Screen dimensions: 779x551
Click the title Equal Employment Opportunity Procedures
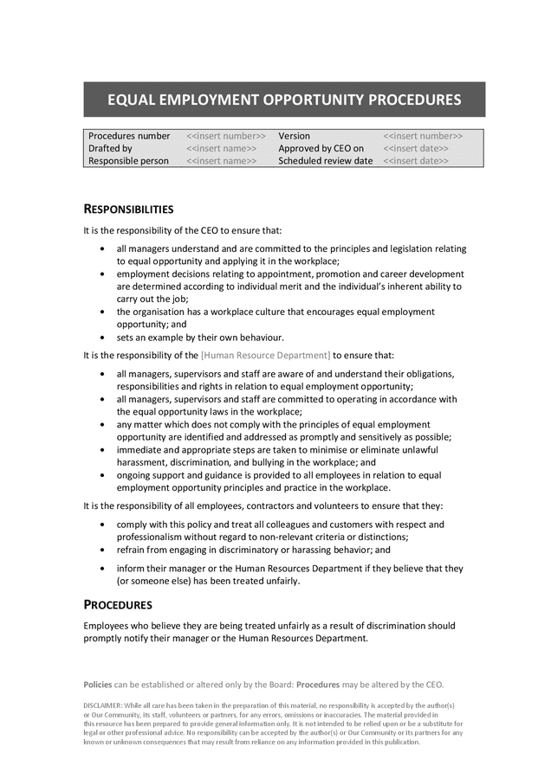click(284, 100)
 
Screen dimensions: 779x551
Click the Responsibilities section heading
click(128, 209)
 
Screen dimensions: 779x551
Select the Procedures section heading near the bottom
click(118, 605)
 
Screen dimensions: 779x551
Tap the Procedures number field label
click(129, 136)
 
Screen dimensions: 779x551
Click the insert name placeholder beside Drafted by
click(221, 148)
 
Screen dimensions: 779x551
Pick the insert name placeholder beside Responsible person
click(221, 160)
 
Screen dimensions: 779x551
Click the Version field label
click(294, 136)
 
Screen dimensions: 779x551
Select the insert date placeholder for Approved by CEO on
click(416, 148)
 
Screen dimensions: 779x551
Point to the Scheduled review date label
click(326, 160)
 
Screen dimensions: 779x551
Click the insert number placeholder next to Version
click(423, 136)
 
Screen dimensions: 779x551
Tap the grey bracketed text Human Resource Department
click(265, 355)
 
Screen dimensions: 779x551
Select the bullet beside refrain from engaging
click(104, 550)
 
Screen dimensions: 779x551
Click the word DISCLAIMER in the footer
click(102, 705)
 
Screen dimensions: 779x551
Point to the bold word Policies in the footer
click(98, 684)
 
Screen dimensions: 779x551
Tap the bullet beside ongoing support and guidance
click(104, 476)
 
